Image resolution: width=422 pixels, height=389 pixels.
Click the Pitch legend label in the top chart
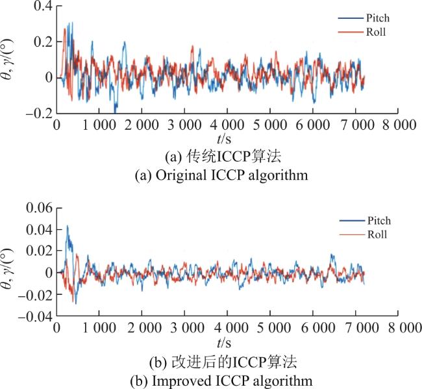pos(378,18)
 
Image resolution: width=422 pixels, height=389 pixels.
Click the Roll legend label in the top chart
pos(376,32)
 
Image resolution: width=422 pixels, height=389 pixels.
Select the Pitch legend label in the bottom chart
pos(379,221)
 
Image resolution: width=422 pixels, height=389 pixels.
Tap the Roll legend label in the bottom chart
pos(377,234)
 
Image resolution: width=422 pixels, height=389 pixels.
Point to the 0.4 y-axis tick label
pos(43,6)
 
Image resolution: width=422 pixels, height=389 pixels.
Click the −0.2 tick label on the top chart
pos(40,114)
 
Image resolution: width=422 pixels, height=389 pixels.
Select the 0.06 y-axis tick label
pos(40,208)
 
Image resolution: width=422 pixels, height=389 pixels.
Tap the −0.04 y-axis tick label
pos(35,316)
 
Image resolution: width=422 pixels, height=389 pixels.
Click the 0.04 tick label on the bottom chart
pos(40,230)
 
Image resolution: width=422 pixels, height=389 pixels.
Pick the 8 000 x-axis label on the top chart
pos(399,125)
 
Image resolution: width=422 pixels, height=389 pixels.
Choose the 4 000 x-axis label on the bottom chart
pos(231,328)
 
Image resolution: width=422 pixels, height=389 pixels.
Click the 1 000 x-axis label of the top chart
pos(99,125)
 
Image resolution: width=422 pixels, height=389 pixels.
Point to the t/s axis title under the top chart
pos(224,139)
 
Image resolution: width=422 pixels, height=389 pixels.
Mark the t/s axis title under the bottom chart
pos(224,343)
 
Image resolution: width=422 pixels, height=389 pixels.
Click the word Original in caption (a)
pos(181,175)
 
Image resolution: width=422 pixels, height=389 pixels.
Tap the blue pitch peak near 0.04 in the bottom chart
pos(68,226)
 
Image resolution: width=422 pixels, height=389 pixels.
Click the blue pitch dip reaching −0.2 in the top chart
pos(116,111)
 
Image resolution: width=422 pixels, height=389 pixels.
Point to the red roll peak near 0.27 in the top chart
pos(64,29)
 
